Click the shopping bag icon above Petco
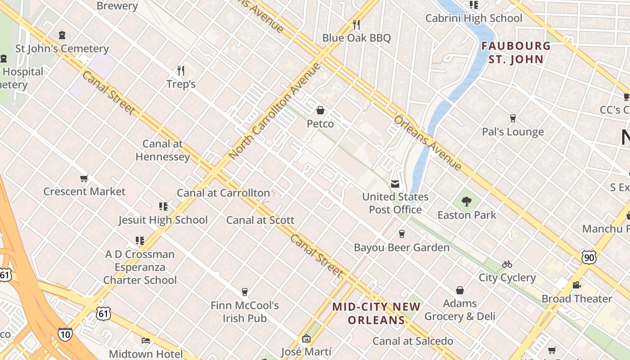click(320, 110)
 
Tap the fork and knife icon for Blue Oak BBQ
click(356, 24)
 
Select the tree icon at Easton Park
click(467, 202)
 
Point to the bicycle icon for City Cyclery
click(507, 264)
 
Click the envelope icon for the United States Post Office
click(395, 184)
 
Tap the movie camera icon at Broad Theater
click(576, 285)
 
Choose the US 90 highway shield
click(589, 257)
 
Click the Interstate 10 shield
click(64, 334)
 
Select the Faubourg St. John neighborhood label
click(516, 52)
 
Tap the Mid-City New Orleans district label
click(376, 313)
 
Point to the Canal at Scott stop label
click(260, 220)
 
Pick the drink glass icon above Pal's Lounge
click(513, 118)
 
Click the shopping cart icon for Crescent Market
click(84, 179)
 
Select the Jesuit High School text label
click(163, 220)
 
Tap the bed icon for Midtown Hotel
click(146, 341)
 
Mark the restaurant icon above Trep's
click(181, 70)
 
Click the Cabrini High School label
click(474, 18)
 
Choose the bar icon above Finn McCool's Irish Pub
click(245, 292)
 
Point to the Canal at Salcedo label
click(413, 341)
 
